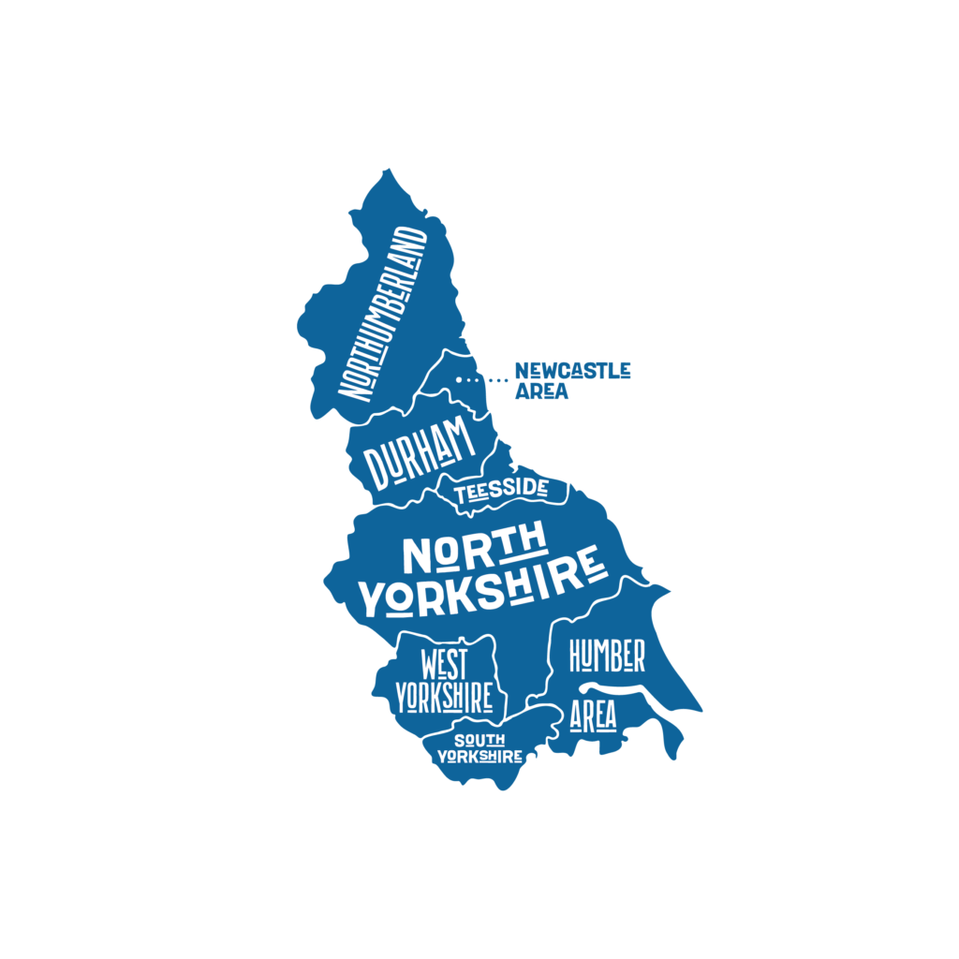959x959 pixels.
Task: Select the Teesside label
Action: [x=501, y=490]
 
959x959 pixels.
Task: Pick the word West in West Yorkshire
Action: [x=444, y=665]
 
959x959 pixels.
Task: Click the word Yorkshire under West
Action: [x=444, y=698]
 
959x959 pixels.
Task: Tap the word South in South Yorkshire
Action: [x=479, y=740]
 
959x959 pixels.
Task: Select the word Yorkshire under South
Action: [x=479, y=756]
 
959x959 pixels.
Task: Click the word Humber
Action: [x=607, y=657]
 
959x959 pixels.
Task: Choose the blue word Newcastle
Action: [x=572, y=370]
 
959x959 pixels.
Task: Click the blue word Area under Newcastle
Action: [x=541, y=391]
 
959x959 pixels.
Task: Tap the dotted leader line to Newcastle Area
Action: [x=483, y=379]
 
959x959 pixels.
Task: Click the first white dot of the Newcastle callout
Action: [x=459, y=379]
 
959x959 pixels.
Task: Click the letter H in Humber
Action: [x=577, y=657]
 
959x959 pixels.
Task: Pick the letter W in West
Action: [x=431, y=666]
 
